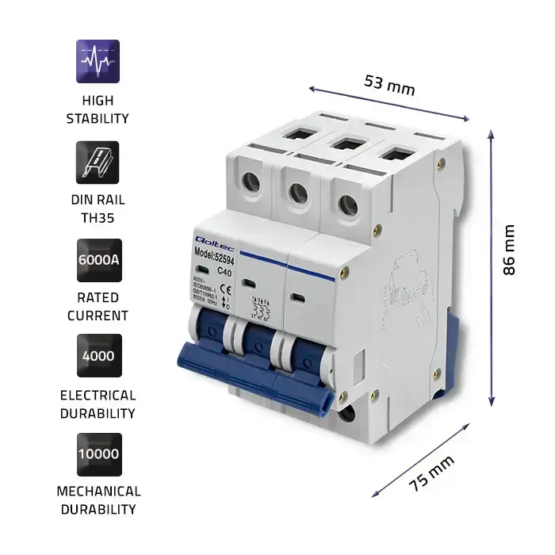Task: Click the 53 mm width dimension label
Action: tap(389, 83)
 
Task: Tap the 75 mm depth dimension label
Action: tap(432, 473)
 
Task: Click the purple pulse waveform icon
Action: tap(98, 61)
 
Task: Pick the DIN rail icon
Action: tap(98, 163)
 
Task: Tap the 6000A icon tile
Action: tap(98, 260)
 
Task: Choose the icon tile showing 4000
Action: tap(98, 356)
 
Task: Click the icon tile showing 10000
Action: tap(98, 454)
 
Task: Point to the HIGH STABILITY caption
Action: tap(98, 109)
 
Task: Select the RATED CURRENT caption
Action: tap(98, 307)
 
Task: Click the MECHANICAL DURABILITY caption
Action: tap(98, 500)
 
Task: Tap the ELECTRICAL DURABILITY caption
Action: tap(98, 404)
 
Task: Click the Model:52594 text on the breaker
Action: tap(213, 251)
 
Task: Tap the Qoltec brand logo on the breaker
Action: tap(207, 239)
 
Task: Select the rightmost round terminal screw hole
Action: tap(346, 203)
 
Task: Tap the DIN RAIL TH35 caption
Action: tap(98, 209)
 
